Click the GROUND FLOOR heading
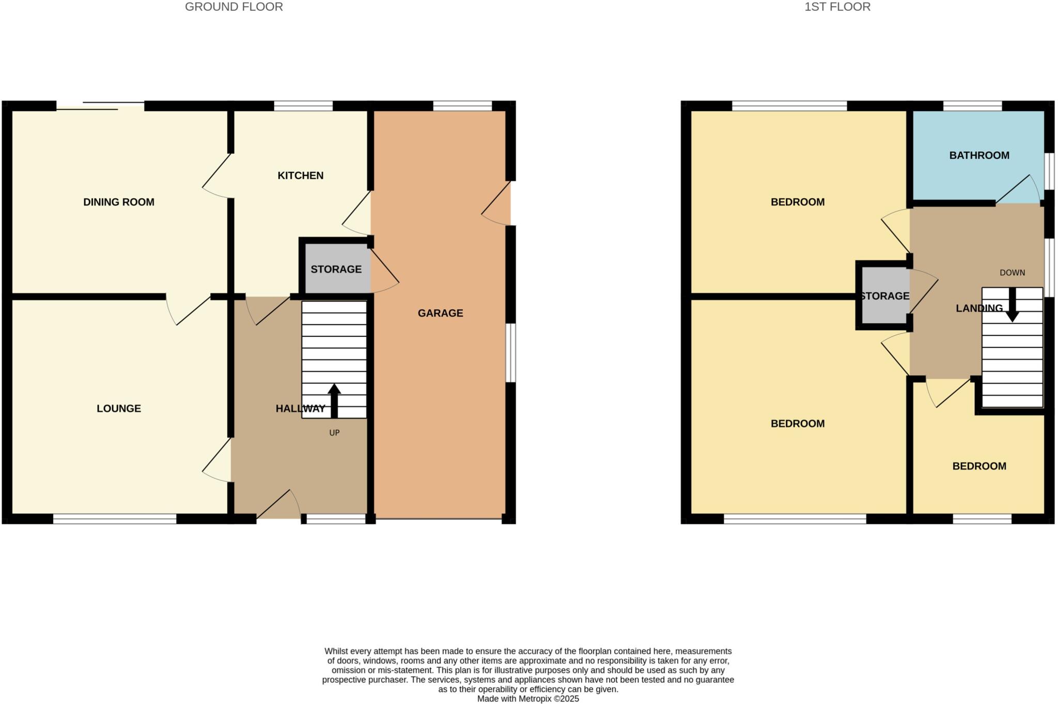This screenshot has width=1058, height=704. tap(234, 7)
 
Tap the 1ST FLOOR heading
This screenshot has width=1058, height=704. tap(837, 7)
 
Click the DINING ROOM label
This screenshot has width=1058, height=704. tap(119, 202)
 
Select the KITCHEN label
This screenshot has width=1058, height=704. tap(301, 176)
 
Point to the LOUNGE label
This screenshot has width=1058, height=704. tap(119, 409)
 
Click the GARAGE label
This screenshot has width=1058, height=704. tap(440, 313)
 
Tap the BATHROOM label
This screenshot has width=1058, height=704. tap(979, 155)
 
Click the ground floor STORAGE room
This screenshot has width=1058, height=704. tap(336, 269)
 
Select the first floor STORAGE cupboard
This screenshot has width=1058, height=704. tap(884, 296)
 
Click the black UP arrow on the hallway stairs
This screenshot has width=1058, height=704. tap(334, 400)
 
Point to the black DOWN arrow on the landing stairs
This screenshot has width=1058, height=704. tap(1012, 305)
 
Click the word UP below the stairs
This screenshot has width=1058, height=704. tap(334, 433)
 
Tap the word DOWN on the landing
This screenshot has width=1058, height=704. tap(1012, 273)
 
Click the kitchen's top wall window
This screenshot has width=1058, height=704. tap(303, 106)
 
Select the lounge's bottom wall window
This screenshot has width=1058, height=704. tap(115, 519)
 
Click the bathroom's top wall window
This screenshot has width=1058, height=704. tap(972, 106)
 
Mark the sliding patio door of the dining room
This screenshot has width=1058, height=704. tap(100, 106)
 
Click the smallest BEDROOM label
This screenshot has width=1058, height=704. tap(979, 466)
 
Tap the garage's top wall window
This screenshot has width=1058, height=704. tap(462, 106)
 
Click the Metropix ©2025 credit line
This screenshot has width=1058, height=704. tap(528, 699)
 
